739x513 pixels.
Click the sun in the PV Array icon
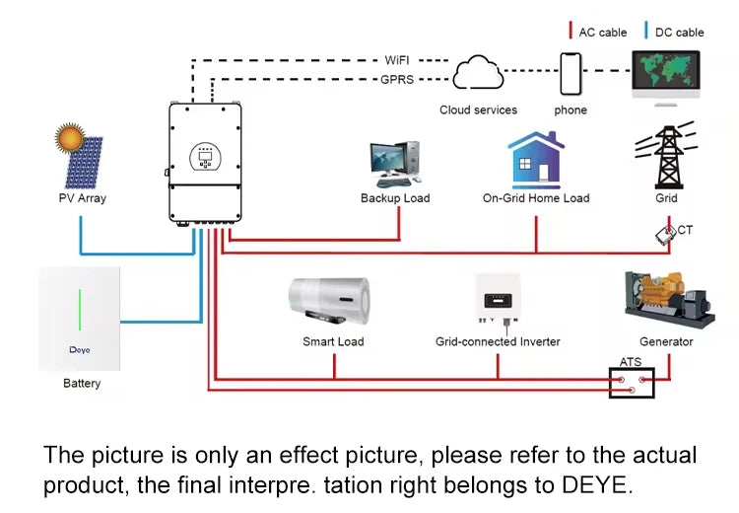click(x=70, y=138)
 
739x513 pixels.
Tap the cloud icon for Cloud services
click(x=478, y=72)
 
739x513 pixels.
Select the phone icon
click(x=571, y=74)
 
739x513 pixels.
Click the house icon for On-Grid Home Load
click(x=536, y=160)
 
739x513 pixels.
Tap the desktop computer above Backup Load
click(x=395, y=164)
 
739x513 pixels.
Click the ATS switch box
click(x=632, y=383)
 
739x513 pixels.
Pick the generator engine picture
click(x=669, y=300)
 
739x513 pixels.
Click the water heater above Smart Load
click(x=329, y=301)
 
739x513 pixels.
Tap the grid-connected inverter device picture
click(x=499, y=298)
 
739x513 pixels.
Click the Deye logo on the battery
click(x=79, y=349)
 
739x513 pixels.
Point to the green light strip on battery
click(x=80, y=310)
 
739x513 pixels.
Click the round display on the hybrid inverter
click(x=205, y=157)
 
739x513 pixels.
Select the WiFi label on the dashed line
click(x=397, y=60)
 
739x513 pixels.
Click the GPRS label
click(x=397, y=79)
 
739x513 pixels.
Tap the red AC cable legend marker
click(x=571, y=30)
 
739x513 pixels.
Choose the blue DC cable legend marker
click(x=646, y=30)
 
